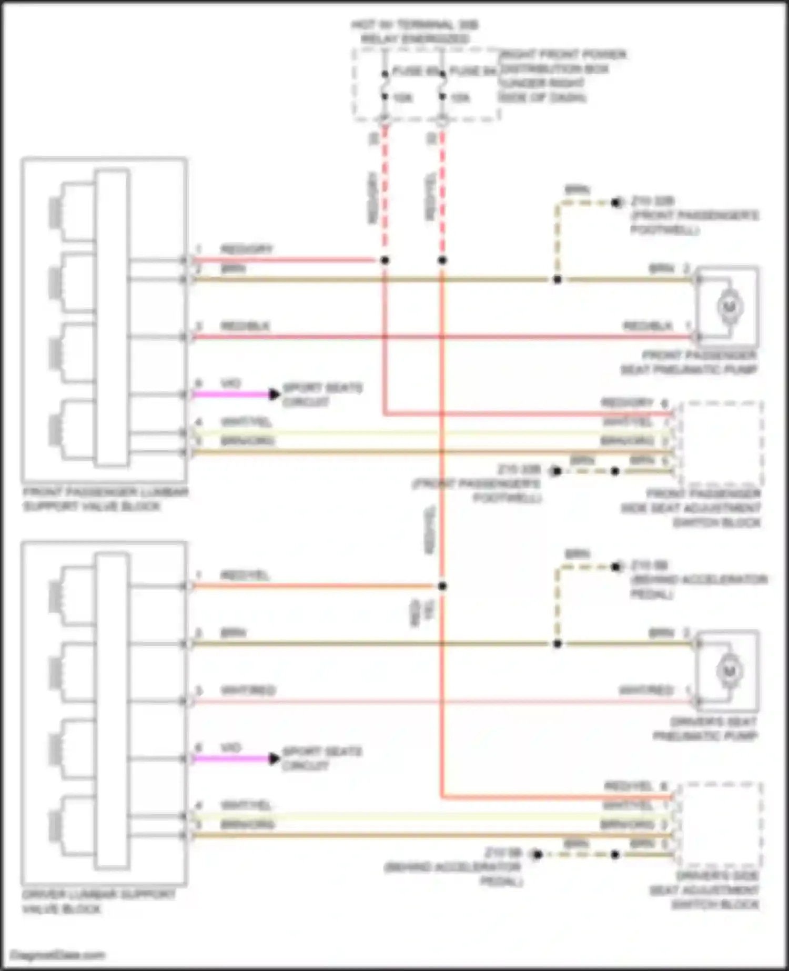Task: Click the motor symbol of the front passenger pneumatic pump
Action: pyautogui.click(x=730, y=307)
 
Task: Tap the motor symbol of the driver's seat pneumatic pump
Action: pyautogui.click(x=729, y=671)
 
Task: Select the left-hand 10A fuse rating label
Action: pyautogui.click(x=402, y=98)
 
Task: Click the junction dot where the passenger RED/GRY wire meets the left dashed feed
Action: pyautogui.click(x=385, y=260)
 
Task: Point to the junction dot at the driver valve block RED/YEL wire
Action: pyautogui.click(x=442, y=586)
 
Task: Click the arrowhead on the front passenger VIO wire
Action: pyautogui.click(x=274, y=394)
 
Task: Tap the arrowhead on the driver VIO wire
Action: pyautogui.click(x=274, y=758)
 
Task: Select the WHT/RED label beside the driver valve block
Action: pyautogui.click(x=247, y=690)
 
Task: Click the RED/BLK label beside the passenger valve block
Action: pyautogui.click(x=245, y=326)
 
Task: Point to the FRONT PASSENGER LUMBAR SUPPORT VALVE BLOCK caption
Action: pyautogui.click(x=105, y=499)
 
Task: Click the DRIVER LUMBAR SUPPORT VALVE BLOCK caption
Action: pyautogui.click(x=98, y=902)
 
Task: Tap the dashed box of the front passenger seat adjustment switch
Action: pyautogui.click(x=721, y=443)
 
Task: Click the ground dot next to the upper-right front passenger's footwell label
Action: pyautogui.click(x=616, y=203)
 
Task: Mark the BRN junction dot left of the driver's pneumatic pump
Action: pyautogui.click(x=558, y=644)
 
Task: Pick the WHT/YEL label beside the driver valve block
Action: pyautogui.click(x=246, y=805)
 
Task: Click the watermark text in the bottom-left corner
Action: pyautogui.click(x=58, y=955)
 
